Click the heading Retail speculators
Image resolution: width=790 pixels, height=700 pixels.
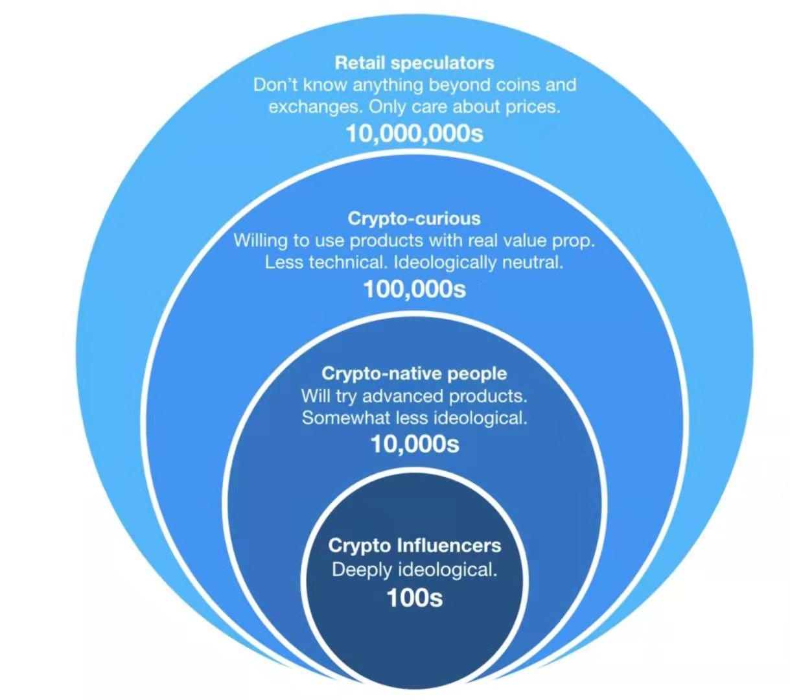coord(414,63)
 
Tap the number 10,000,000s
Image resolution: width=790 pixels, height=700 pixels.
coord(414,134)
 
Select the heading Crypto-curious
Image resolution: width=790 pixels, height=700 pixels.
coord(414,218)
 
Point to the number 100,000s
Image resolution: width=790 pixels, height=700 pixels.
coord(414,289)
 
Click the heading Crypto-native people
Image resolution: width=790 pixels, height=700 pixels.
coord(414,374)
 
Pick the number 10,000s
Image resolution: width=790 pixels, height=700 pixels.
coord(414,445)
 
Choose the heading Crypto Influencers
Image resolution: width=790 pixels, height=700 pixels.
coord(414,545)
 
